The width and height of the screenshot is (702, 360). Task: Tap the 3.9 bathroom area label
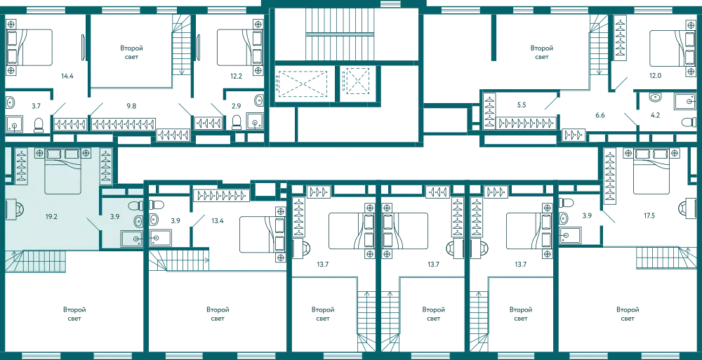(114, 218)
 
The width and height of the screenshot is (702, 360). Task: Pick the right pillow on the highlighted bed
(72, 154)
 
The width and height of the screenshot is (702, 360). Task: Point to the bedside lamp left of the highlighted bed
(40, 153)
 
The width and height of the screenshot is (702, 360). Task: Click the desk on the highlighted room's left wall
(11, 208)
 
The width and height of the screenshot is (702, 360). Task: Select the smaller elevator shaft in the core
(355, 84)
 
